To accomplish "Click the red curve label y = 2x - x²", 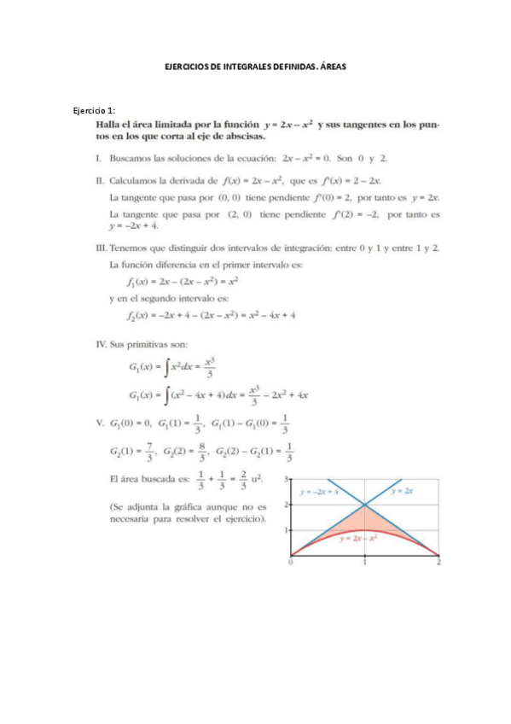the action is pyautogui.click(x=358, y=540).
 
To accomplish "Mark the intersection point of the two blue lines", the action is pyautogui.click(x=365, y=505).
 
